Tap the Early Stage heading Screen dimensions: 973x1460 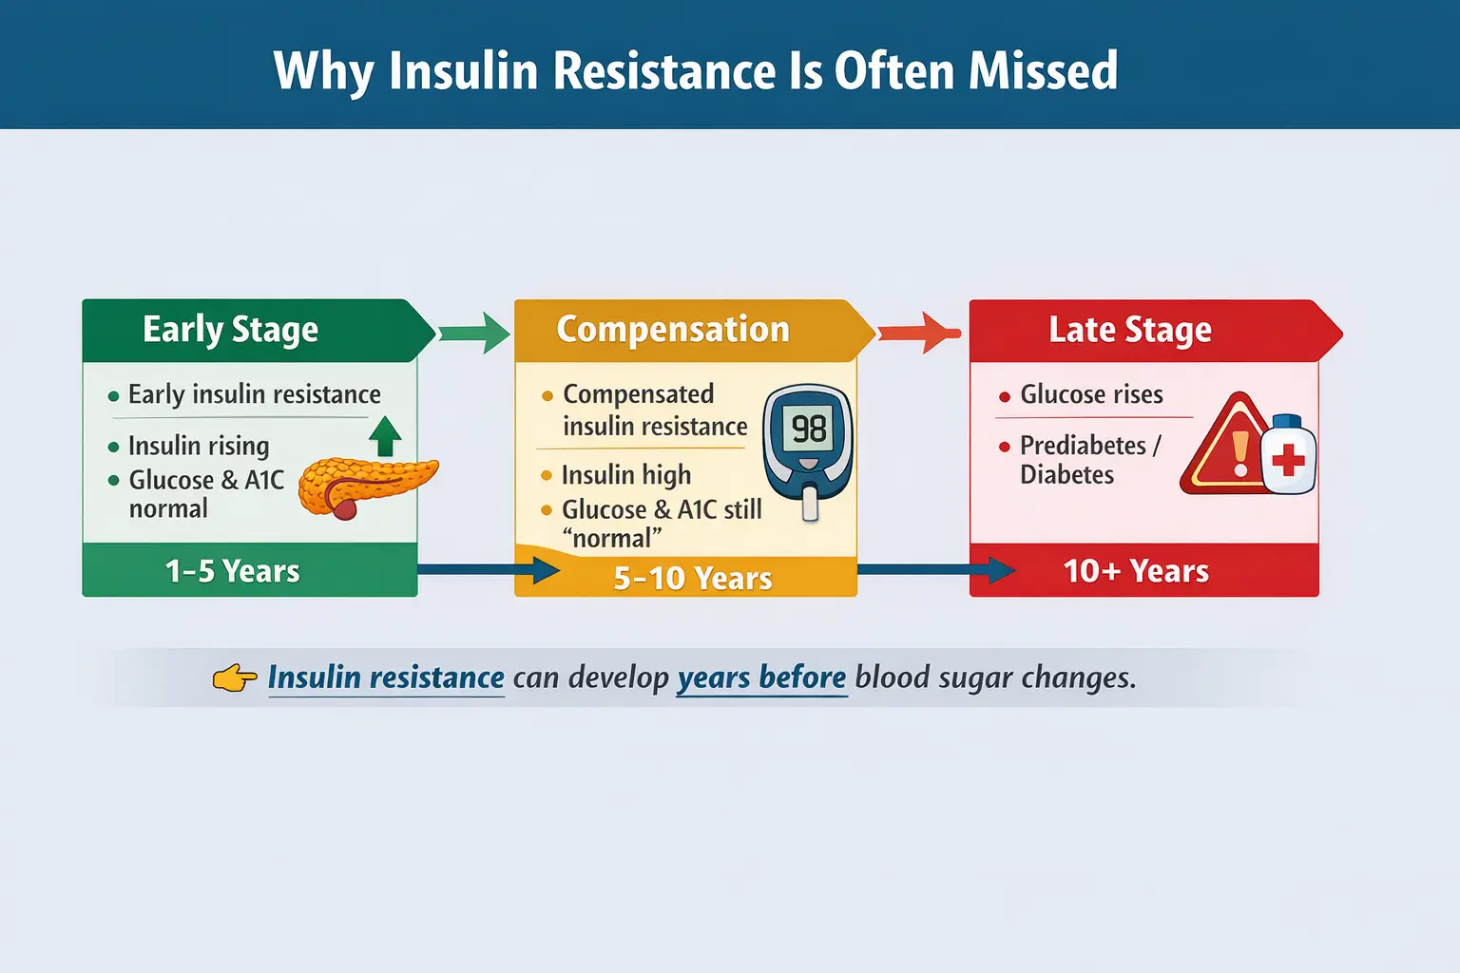230,330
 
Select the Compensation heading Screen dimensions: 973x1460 673,330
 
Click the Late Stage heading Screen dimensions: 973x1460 1129,330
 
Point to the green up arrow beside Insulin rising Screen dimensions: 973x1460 384,436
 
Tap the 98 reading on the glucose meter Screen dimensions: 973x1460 809,429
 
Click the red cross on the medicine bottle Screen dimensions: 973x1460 1288,461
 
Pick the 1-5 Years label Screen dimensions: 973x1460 232,571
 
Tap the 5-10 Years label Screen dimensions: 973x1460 692,578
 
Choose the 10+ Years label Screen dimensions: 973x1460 1135,571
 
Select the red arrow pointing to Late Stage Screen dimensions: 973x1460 918,333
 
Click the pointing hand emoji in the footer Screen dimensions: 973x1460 234,678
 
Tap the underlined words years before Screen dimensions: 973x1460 760,677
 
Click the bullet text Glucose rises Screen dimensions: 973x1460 1090,394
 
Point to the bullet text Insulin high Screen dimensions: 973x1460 625,475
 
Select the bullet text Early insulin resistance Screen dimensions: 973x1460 254,394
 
